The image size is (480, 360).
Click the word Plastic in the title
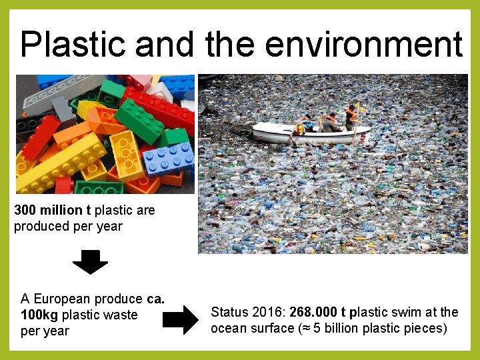click(73, 45)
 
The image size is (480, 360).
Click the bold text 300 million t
click(53, 210)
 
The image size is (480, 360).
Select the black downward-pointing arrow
click(90, 262)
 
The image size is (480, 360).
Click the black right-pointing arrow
click(181, 321)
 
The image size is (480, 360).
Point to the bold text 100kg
click(39, 315)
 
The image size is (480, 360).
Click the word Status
click(229, 312)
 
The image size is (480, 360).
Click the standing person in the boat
click(351, 117)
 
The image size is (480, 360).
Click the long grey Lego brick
click(63, 93)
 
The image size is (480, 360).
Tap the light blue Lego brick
click(169, 158)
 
